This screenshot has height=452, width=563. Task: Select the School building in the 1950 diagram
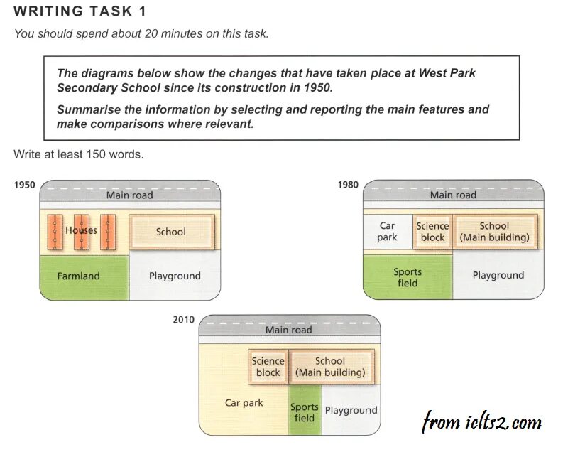(170, 232)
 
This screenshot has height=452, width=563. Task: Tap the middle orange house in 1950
(82, 232)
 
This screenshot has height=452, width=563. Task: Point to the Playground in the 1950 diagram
(175, 276)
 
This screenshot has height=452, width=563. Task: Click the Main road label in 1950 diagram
(129, 195)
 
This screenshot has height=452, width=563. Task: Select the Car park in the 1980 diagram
(387, 232)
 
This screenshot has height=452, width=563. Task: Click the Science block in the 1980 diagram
(432, 232)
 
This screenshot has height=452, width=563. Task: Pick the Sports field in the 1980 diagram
(408, 277)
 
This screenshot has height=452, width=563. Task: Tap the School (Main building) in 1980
(494, 232)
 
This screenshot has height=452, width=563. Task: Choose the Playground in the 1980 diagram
(498, 275)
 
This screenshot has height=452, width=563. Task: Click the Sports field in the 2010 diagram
(305, 412)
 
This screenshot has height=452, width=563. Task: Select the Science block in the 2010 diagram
(268, 367)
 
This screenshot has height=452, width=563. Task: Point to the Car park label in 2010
(244, 403)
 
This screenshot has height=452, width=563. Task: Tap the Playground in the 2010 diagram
(351, 410)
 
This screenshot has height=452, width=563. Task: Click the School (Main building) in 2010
(330, 367)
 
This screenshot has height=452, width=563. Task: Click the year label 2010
(183, 320)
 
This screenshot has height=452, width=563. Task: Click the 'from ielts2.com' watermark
(481, 422)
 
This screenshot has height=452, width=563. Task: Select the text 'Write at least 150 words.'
(78, 154)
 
